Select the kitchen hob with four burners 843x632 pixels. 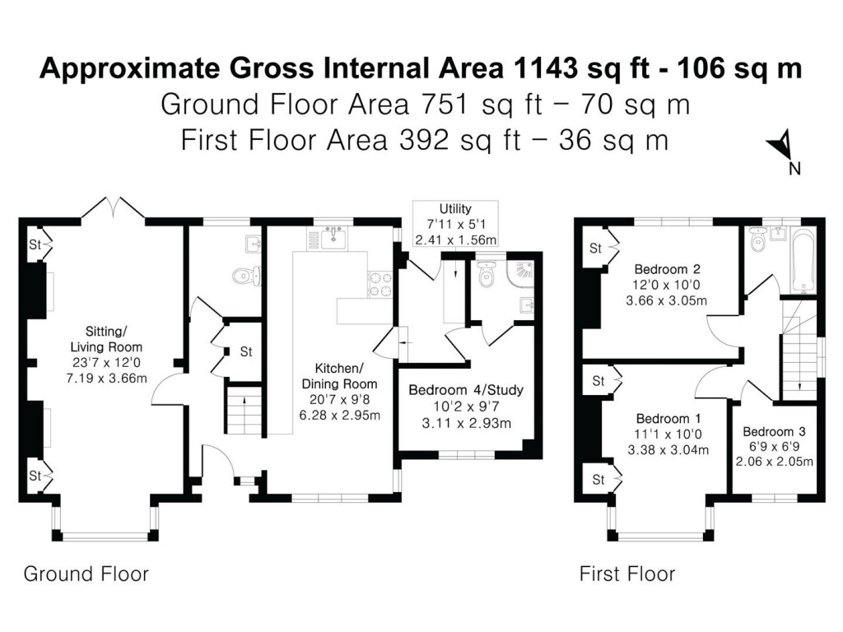pyautogui.click(x=380, y=284)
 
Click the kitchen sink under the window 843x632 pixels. pyautogui.click(x=333, y=239)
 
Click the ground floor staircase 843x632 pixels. pyautogui.click(x=243, y=412)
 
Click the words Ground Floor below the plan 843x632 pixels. pyautogui.click(x=86, y=574)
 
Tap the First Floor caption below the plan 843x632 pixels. pyautogui.click(x=627, y=574)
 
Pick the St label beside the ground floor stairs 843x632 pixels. pyautogui.click(x=245, y=351)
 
